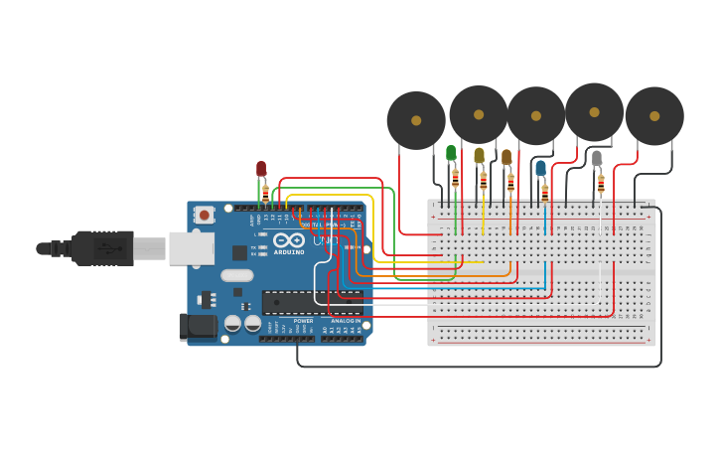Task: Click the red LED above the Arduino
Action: click(x=261, y=169)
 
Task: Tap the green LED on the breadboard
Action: click(x=451, y=153)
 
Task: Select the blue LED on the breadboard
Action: click(x=540, y=169)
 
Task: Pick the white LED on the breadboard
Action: click(x=597, y=158)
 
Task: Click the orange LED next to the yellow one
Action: click(x=506, y=157)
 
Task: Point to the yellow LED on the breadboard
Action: click(x=479, y=156)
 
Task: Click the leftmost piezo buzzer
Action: click(x=416, y=120)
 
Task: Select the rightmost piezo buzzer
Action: click(x=654, y=115)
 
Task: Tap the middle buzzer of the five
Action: click(x=536, y=115)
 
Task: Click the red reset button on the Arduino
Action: click(x=204, y=215)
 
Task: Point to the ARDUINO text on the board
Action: click(x=290, y=252)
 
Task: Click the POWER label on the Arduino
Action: click(x=303, y=321)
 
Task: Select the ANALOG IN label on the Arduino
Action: click(x=345, y=321)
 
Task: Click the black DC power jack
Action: click(x=197, y=326)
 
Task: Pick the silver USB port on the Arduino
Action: click(x=191, y=248)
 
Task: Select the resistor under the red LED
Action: click(x=265, y=193)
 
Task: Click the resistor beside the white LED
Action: click(x=601, y=183)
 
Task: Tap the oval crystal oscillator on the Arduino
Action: click(x=236, y=275)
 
